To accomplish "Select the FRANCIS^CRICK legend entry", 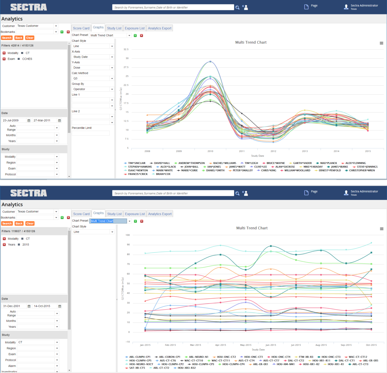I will click(138, 174).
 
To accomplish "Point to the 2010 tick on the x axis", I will click(210, 151).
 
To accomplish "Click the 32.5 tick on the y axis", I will click(126, 49).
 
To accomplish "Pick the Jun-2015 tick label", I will click(271, 345).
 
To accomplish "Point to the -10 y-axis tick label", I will click(127, 342).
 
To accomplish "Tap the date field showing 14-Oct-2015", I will click(45, 306).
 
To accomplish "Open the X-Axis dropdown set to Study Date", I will click(93, 57).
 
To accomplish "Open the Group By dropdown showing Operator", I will click(93, 89).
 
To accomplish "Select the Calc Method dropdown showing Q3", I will click(93, 78).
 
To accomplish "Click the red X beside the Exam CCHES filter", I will click(4, 59).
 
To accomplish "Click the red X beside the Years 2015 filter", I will click(4, 245).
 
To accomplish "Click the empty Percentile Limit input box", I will click(91, 133).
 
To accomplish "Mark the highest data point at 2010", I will click(210, 62).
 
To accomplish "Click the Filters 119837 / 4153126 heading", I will click(18, 231).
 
